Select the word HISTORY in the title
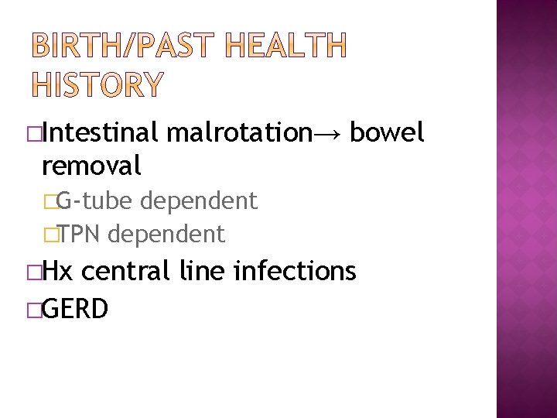tap(97, 84)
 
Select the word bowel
tap(387, 133)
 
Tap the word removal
tap(91, 164)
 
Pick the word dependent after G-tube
tap(198, 201)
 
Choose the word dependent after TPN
tap(166, 233)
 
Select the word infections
tap(295, 270)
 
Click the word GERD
tap(75, 308)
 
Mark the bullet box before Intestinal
tap(33, 134)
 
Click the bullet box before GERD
tap(33, 309)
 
